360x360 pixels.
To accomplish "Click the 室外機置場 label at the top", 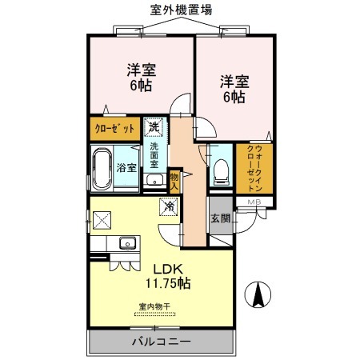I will tap(182, 10).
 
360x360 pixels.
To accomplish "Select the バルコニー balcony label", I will tap(161, 342).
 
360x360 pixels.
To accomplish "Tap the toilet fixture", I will tap(221, 170).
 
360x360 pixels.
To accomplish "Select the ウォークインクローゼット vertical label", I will tap(254, 167).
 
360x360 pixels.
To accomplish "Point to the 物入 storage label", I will tap(175, 180).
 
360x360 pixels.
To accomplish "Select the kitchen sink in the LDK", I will tap(125, 242).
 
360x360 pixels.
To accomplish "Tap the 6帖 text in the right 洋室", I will tap(233, 97).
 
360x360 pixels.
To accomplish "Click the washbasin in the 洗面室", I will tap(154, 179).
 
